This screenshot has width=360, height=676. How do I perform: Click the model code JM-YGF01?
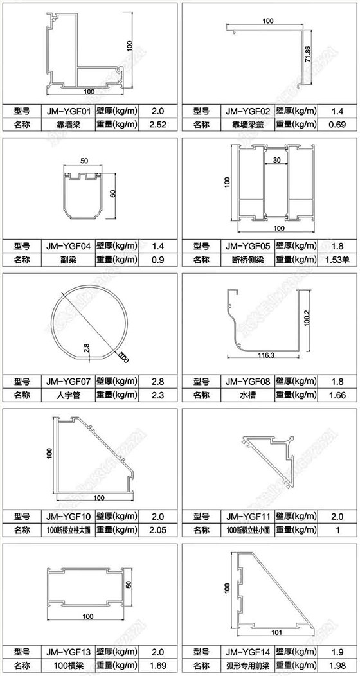pos(67,111)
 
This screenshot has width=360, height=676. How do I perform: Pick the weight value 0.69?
pos(337,124)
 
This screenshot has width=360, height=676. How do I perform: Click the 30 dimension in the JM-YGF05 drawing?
pos(276,160)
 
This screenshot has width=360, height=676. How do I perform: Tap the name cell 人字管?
pos(67,395)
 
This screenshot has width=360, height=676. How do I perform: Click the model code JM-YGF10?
pos(67,516)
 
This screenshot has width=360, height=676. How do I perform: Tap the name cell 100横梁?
pos(67,664)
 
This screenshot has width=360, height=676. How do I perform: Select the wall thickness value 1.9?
pos(337,651)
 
